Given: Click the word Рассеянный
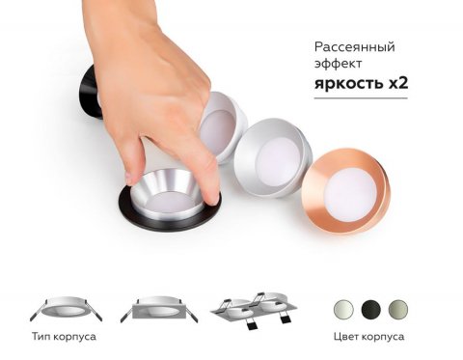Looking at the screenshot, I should click(x=354, y=46).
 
